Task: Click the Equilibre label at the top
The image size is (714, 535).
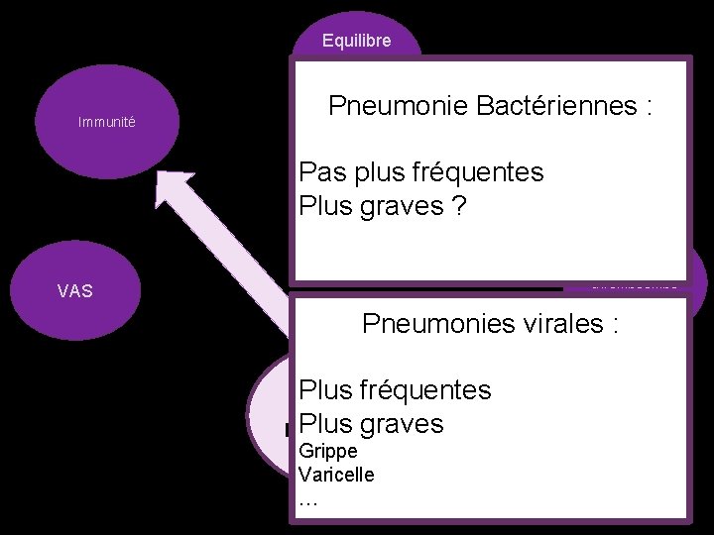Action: click(356, 41)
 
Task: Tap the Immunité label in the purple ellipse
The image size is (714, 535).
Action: click(107, 123)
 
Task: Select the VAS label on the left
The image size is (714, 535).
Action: click(75, 291)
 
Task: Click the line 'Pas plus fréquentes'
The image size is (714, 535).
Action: click(421, 172)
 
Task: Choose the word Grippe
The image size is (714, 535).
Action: click(327, 453)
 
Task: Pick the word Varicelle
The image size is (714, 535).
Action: click(336, 475)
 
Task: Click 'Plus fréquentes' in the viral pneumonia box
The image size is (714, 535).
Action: click(395, 389)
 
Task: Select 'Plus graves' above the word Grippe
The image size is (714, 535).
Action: click(371, 424)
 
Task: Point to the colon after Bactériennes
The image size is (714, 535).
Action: click(648, 107)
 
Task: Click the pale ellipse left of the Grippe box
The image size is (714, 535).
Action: click(269, 416)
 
